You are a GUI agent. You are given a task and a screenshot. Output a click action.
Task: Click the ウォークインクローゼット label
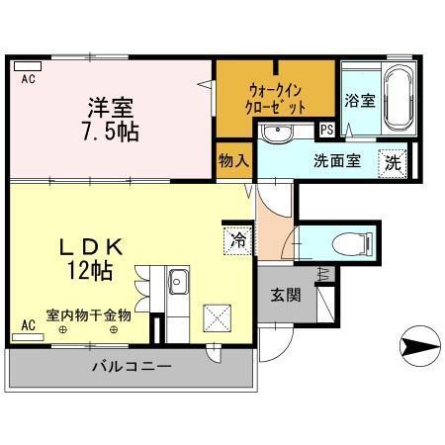click(276, 97)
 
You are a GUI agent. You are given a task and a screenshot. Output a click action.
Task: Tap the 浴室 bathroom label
click(359, 100)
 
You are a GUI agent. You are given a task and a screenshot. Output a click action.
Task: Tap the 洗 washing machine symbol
click(394, 162)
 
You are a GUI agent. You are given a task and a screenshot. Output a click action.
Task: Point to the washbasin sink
click(277, 133)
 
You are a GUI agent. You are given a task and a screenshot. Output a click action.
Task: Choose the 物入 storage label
click(232, 160)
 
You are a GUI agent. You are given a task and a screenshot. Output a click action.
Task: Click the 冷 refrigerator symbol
click(237, 237)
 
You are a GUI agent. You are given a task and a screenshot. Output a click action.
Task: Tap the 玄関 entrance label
click(288, 296)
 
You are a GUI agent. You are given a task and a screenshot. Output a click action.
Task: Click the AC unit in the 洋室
click(28, 69)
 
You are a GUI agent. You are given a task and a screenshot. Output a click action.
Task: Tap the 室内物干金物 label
click(88, 315)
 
